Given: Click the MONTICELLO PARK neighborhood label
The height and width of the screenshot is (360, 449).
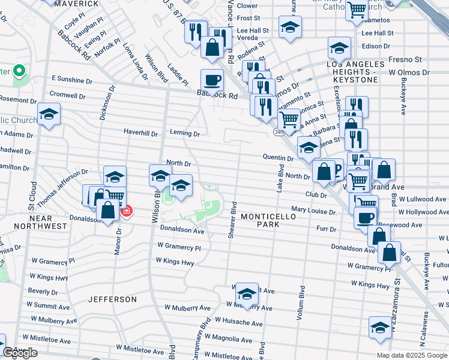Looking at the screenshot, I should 261,220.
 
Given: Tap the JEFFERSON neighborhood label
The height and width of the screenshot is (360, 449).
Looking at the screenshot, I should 112,299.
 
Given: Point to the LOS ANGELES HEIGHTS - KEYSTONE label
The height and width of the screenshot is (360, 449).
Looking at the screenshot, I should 355,68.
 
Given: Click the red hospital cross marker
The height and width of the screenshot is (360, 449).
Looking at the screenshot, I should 126,211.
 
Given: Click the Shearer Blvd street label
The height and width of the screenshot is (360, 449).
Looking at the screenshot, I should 232,220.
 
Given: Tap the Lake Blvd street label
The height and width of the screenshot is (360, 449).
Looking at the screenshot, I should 280,178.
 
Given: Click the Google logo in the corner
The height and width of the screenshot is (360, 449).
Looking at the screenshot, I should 20,353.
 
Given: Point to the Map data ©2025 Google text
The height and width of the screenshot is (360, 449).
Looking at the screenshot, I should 412,355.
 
